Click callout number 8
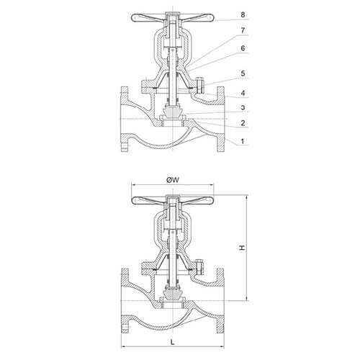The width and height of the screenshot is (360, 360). [243, 14]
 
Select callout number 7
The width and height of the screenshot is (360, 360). [243, 30]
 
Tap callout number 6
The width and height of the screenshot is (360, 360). [243, 48]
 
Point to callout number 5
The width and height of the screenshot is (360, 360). [243, 73]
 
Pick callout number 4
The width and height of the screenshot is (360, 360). [243, 93]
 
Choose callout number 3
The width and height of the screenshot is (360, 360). [243, 107]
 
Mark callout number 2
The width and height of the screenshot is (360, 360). [243, 123]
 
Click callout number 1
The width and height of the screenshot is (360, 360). [243, 141]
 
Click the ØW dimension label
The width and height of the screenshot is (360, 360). [173, 180]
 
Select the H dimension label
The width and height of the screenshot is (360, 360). [242, 248]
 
